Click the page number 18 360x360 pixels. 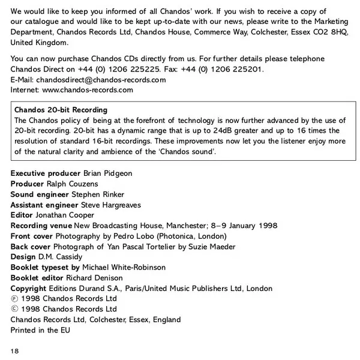point(15,349)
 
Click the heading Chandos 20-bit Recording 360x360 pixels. point(61,110)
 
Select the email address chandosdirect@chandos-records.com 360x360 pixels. point(101,80)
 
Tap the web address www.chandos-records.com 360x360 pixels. point(88,90)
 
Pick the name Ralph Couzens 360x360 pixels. point(74,184)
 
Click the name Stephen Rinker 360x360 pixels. point(99,194)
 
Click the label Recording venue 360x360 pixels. point(41,226)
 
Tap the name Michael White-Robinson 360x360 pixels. point(124,268)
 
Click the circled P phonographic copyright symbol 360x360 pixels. point(14,299)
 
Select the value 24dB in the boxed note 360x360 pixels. point(210,130)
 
